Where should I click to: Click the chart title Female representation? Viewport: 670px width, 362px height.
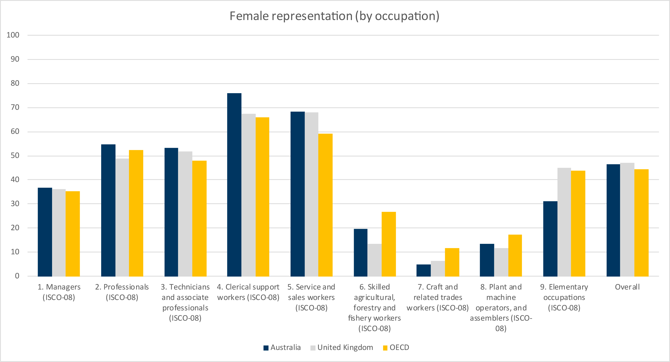pos(334,16)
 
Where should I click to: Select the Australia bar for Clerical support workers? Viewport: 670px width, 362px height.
pos(234,185)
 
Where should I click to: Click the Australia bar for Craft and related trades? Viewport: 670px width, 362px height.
pos(423,270)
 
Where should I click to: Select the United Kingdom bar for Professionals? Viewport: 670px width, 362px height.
pos(122,217)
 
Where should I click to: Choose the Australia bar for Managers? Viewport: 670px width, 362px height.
pos(45,232)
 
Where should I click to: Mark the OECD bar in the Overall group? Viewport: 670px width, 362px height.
pos(641,223)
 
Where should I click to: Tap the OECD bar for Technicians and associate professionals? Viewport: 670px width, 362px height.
pos(199,218)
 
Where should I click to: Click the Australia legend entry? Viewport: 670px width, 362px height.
pos(282,347)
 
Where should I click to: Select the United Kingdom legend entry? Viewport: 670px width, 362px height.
pos(342,347)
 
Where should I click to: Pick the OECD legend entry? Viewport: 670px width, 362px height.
pos(396,347)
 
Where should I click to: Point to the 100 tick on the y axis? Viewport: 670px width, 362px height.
pos(13,35)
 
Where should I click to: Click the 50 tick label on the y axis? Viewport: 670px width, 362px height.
pos(15,155)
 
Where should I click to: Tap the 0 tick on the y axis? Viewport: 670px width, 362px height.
pos(17,276)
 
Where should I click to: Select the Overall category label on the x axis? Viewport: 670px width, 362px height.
pos(627,287)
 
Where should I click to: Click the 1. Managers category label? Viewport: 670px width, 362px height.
pos(59,292)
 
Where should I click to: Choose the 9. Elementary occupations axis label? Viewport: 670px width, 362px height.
pos(564,297)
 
